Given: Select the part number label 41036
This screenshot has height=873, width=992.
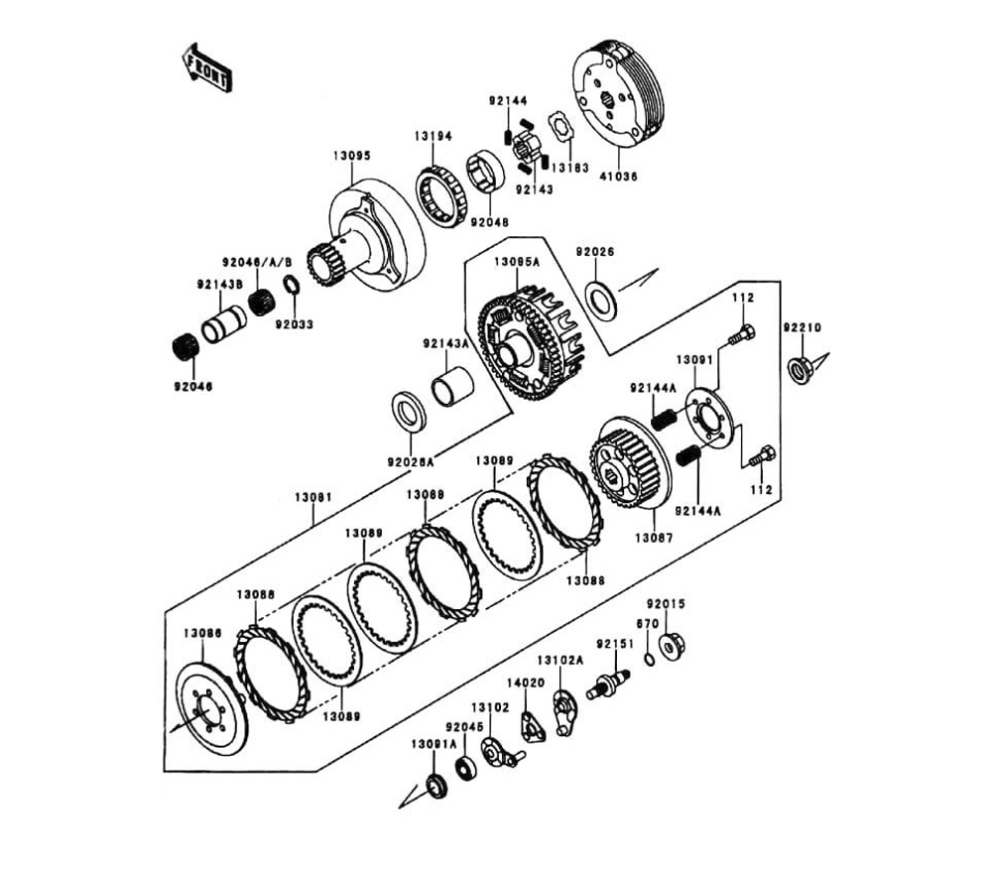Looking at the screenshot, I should tap(617, 176).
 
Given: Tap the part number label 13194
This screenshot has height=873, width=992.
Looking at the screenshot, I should tap(434, 136).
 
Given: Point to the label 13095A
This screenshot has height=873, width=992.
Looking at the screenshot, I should tap(518, 262).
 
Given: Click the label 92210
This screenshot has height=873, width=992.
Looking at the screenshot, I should tap(802, 328).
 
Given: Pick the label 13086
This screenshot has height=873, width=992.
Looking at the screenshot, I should tap(202, 632).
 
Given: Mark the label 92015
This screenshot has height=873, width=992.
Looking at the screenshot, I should tap(666, 603).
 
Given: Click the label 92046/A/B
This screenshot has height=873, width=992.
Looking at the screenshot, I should tap(257, 262).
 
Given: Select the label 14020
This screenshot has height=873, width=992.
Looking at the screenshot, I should tap(526, 684).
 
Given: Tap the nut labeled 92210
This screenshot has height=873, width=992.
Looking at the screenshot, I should tap(799, 370).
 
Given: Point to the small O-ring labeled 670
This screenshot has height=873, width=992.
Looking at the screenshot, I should tap(648, 659).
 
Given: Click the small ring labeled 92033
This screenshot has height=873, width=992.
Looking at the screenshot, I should tap(292, 286).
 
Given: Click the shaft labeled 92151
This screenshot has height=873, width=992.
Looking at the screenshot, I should tap(608, 684).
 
